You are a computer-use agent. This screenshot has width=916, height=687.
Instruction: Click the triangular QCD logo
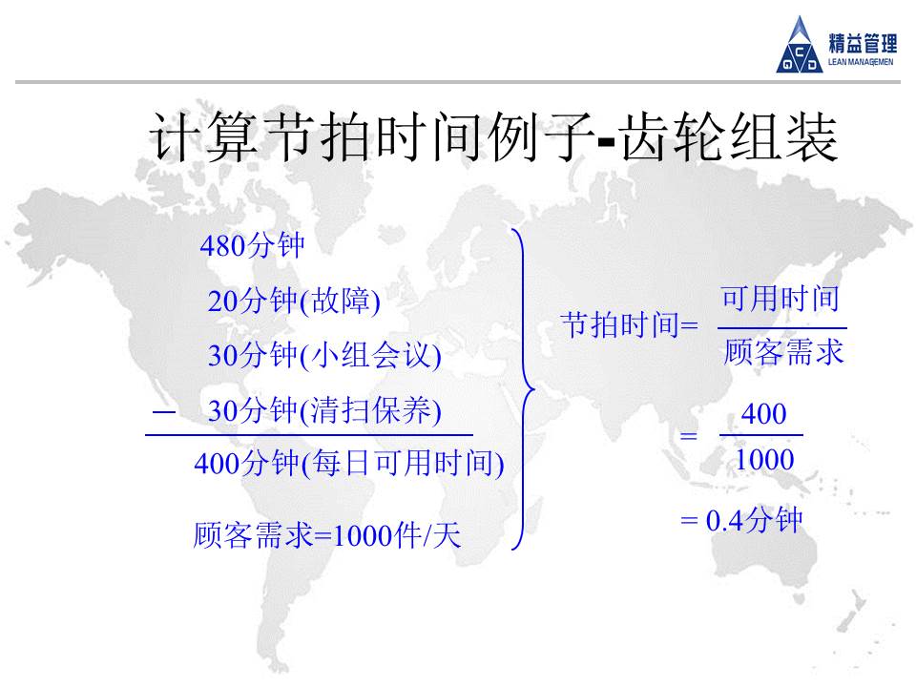click(x=800, y=47)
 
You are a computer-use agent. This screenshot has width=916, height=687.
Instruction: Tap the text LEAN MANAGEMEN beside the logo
click(x=861, y=62)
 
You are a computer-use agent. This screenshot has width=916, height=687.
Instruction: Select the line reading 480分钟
click(x=252, y=245)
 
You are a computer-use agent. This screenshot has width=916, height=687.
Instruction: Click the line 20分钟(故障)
click(x=294, y=302)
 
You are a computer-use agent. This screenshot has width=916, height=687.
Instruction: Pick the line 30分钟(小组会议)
click(x=324, y=355)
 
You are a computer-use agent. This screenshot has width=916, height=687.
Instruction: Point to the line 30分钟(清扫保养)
click(x=324, y=410)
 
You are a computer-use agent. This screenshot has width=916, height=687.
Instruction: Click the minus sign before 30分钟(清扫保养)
click(x=163, y=412)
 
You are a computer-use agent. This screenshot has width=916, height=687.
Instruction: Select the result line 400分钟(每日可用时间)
click(x=349, y=464)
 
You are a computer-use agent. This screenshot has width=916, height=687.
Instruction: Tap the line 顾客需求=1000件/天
click(x=327, y=535)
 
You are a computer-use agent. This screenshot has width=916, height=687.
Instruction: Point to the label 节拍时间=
click(x=629, y=324)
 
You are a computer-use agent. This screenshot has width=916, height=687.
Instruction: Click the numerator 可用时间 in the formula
click(x=781, y=299)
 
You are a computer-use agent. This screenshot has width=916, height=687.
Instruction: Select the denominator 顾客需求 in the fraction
click(x=783, y=352)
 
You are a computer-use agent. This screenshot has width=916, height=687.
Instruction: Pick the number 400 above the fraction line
click(x=763, y=414)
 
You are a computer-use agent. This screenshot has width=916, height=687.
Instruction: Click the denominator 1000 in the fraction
click(x=764, y=460)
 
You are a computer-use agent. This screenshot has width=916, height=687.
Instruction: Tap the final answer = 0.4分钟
click(x=742, y=520)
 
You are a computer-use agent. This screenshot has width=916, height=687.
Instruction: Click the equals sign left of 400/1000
click(x=689, y=436)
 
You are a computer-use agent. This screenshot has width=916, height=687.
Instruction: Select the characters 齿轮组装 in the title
click(x=729, y=137)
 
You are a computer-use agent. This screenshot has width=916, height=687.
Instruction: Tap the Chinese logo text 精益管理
click(x=863, y=43)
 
